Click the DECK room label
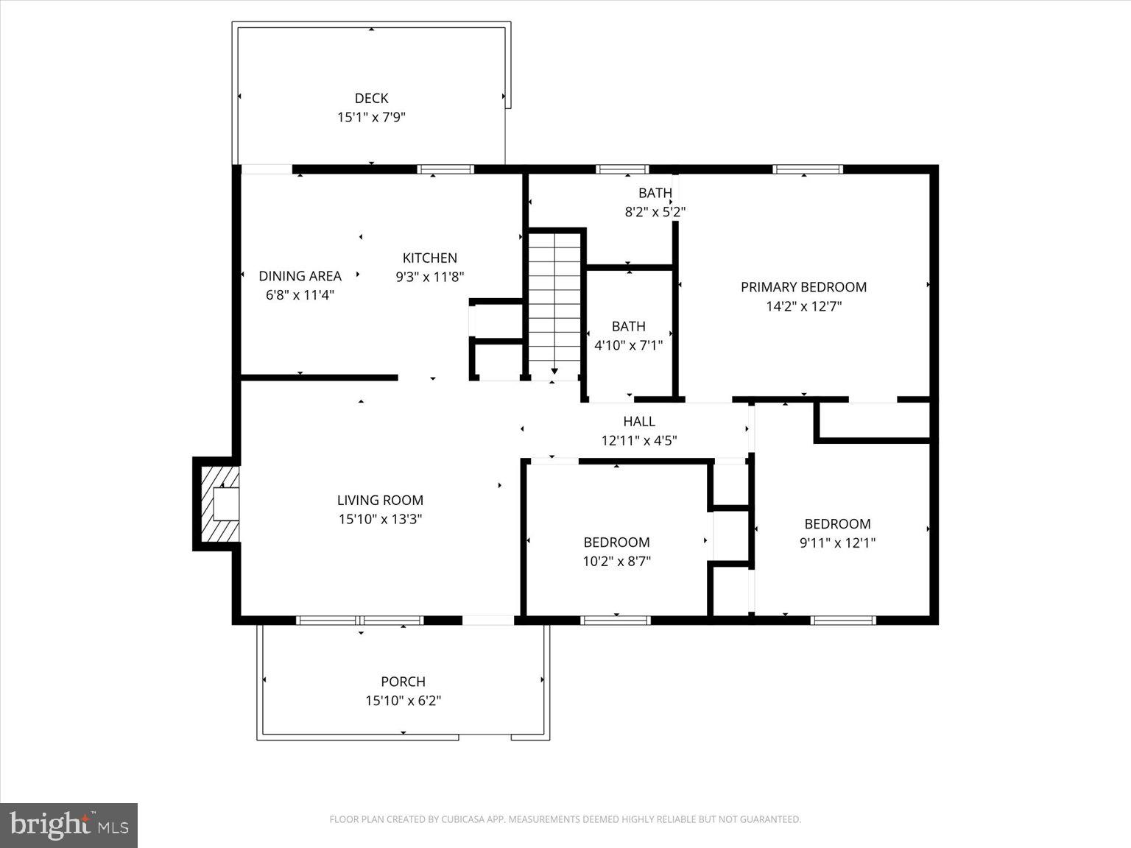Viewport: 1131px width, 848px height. coord(371,98)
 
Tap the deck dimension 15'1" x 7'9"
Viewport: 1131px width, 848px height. coord(371,117)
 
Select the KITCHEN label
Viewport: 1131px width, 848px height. coord(429,258)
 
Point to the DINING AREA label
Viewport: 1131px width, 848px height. coord(300,276)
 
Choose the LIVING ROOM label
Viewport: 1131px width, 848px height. coord(380,501)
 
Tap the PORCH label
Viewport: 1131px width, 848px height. coord(403,682)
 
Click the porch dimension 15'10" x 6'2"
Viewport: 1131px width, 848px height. coord(403,701)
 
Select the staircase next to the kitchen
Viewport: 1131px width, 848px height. coord(555,302)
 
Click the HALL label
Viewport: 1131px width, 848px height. coord(638,422)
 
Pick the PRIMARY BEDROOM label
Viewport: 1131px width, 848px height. coord(803,287)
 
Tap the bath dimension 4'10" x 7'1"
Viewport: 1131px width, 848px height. coord(628,344)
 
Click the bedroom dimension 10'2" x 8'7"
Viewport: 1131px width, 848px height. coord(616,562)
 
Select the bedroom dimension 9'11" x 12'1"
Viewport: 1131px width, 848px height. coord(837,543)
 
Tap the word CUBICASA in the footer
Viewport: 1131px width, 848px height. coord(463,819)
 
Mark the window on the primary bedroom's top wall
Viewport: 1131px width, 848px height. coord(807,169)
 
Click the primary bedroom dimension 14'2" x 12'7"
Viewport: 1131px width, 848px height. coord(803,306)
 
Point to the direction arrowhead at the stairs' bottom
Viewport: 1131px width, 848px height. coord(554,372)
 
